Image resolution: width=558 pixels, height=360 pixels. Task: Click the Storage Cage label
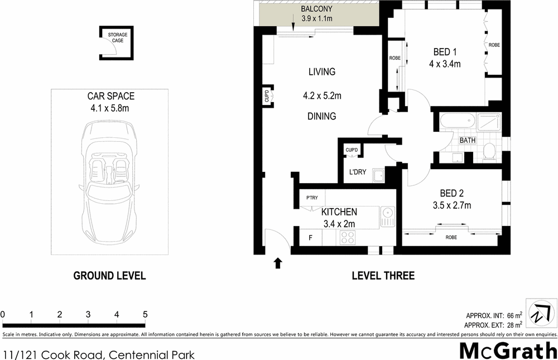coord(118,38)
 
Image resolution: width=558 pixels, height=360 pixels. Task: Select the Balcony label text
coord(317,9)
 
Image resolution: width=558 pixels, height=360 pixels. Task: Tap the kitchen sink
coord(387,217)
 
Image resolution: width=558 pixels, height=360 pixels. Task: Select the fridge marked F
coord(311,238)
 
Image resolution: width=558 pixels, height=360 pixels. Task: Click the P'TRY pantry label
coord(312,198)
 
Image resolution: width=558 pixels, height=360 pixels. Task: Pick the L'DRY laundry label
coord(357,172)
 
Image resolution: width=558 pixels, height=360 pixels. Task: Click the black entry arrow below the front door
coord(277,263)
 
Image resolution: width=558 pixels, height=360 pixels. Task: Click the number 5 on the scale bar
coord(145,315)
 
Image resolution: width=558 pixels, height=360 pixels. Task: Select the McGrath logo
coord(508,350)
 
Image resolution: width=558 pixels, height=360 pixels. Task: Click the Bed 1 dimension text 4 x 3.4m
coord(444,64)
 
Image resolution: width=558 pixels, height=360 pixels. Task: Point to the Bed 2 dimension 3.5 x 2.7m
coord(452,205)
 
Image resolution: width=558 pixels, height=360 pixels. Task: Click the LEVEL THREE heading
coord(383,276)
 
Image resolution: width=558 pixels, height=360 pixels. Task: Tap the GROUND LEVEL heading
coord(110,276)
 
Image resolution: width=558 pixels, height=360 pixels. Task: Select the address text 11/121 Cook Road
coord(53,354)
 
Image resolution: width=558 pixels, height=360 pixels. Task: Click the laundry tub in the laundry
coord(378,176)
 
